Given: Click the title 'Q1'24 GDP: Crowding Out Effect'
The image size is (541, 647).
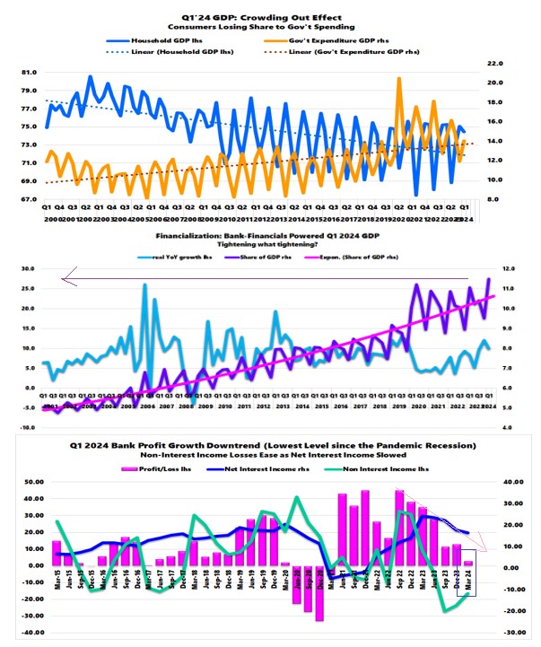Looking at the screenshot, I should coord(270,9).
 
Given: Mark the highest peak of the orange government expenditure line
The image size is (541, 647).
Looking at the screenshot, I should coord(398,79).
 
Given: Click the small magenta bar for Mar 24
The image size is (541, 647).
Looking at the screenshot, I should coord(467,563).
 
